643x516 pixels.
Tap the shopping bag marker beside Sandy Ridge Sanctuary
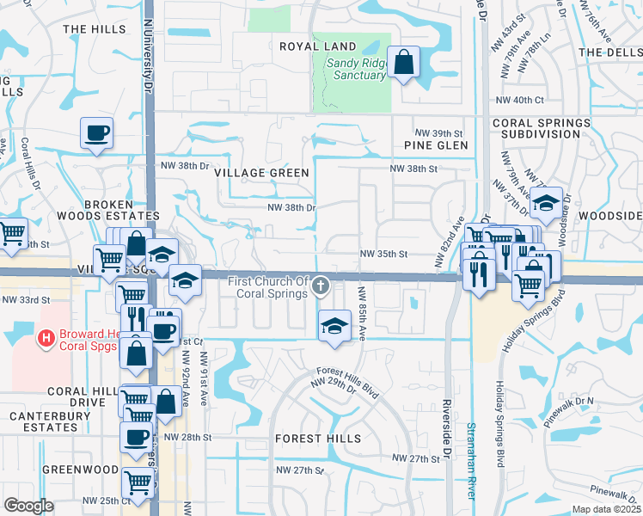[x=403, y=62]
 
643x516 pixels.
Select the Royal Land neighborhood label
[x=317, y=46]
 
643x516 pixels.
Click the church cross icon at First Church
[x=320, y=285]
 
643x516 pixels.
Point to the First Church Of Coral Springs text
[x=267, y=287]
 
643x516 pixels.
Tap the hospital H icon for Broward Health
[x=46, y=340]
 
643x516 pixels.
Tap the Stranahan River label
[x=471, y=460]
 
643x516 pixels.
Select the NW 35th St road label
[x=383, y=255]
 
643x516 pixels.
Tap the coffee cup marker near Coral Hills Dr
[x=96, y=133]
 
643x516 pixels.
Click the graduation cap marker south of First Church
[x=334, y=324]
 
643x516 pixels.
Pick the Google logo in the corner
[x=28, y=506]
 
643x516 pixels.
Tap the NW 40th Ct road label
[x=520, y=101]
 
